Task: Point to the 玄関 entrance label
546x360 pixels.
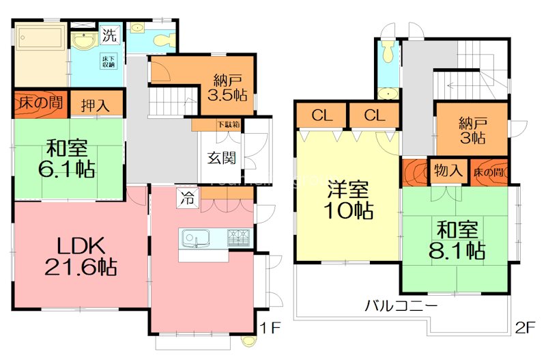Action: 222,158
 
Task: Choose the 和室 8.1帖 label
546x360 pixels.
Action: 455,240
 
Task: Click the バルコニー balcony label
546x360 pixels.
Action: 401,305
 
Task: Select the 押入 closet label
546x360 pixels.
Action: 97,106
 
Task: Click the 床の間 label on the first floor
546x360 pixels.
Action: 40,105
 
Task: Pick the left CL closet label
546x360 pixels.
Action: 321,115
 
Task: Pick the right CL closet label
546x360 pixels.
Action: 374,115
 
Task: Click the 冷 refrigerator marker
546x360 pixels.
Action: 186,199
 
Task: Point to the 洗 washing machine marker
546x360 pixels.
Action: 109,33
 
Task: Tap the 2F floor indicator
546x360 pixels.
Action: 525,329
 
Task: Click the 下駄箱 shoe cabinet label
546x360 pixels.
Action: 228,124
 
